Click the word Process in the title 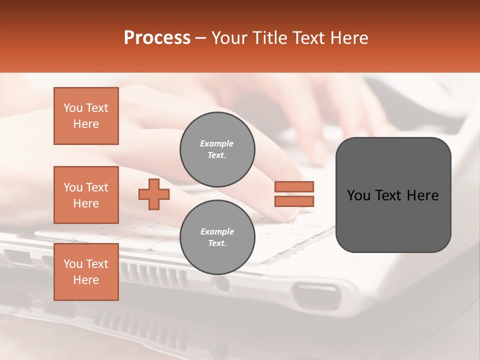(157, 38)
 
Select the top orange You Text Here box (86, 116)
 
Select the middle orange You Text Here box (86, 195)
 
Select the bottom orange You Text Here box (86, 272)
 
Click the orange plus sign (154, 194)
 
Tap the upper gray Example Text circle (217, 149)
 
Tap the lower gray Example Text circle (217, 237)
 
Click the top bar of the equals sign (294, 186)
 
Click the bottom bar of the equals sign (294, 201)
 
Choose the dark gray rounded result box (393, 194)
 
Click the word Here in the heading (348, 38)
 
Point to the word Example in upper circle (217, 143)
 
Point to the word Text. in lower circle (217, 243)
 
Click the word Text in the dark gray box (388, 195)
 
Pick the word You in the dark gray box (359, 195)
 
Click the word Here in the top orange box (86, 124)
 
